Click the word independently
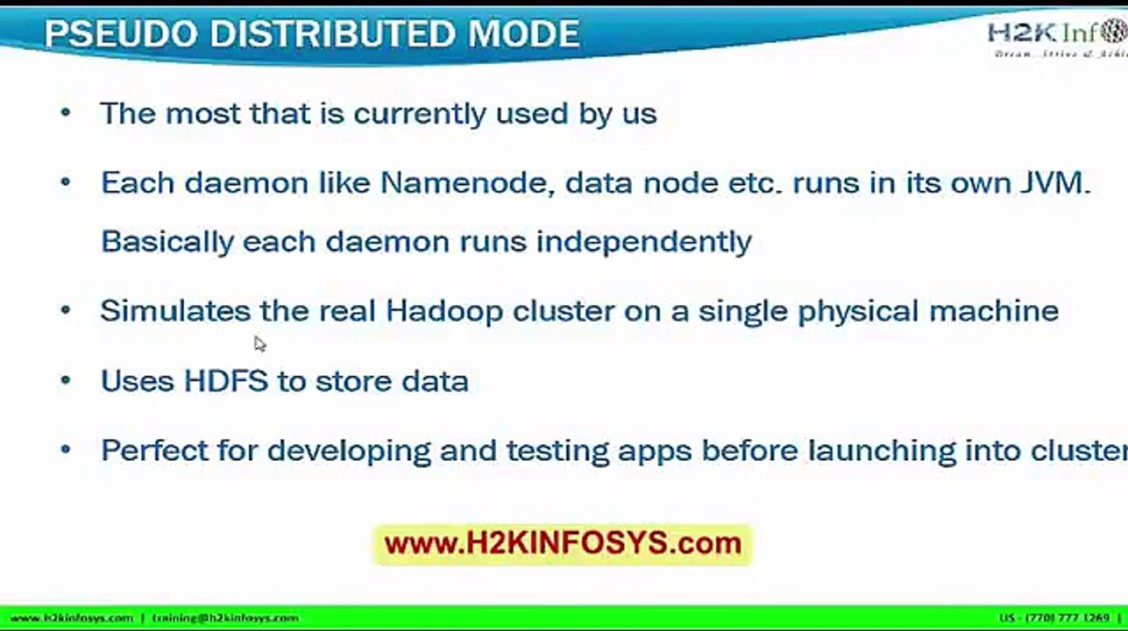click(644, 242)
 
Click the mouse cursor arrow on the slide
click(259, 344)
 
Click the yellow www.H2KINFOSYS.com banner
click(563, 543)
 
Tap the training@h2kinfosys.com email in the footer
click(225, 618)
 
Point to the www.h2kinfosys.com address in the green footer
click(71, 618)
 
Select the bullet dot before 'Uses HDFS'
click(65, 381)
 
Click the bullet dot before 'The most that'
click(65, 113)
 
